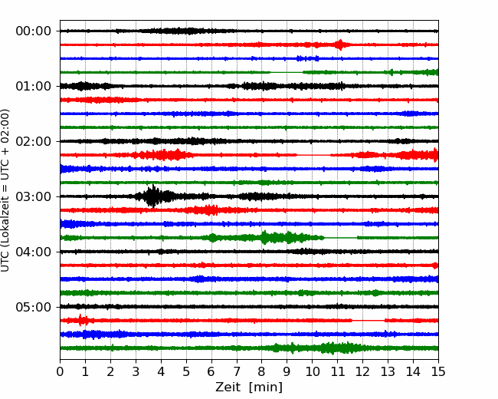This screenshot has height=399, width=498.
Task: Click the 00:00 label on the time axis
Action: [x=34, y=31]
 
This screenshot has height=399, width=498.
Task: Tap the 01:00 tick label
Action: [x=34, y=86]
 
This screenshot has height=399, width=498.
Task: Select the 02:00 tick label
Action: [x=34, y=141]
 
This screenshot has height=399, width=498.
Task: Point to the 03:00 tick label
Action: [x=34, y=196]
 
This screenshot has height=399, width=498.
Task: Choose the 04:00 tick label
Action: [x=34, y=252]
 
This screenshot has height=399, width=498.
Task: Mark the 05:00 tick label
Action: [x=34, y=307]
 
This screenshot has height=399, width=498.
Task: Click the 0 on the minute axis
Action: [x=60, y=371]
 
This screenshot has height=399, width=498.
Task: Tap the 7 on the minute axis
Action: [x=237, y=371]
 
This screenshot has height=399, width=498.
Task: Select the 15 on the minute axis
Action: [x=438, y=371]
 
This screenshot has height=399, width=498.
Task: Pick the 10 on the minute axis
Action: [x=312, y=371]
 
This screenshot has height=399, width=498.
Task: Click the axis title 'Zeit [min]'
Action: [x=249, y=387]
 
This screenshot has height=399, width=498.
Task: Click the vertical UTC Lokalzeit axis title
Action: [x=5, y=190]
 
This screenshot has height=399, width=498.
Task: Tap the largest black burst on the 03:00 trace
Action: [x=153, y=196]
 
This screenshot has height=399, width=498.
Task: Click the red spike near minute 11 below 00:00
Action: [x=340, y=45]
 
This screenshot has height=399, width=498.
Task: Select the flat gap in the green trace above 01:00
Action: [x=287, y=73]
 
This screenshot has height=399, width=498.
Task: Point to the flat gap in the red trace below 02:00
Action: [x=313, y=155]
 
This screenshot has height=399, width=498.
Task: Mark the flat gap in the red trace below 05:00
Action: [x=369, y=321]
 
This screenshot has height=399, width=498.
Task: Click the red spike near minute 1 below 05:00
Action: [x=80, y=320]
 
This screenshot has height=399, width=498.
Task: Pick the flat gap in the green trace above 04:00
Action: [x=340, y=238]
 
